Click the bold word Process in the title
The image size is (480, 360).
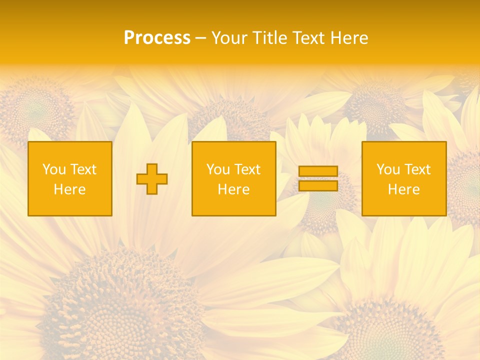(157, 38)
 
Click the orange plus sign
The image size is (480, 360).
(152, 179)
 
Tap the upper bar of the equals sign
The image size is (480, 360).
(318, 171)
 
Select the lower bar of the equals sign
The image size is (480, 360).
(318, 186)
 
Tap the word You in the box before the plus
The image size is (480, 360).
(54, 169)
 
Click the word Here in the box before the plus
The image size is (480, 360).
(69, 189)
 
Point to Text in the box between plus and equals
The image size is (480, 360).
(247, 169)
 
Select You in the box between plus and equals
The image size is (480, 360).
(218, 169)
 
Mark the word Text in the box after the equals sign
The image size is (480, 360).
(417, 169)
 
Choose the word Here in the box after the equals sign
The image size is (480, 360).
(403, 189)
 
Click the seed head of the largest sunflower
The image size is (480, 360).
(120, 305)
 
